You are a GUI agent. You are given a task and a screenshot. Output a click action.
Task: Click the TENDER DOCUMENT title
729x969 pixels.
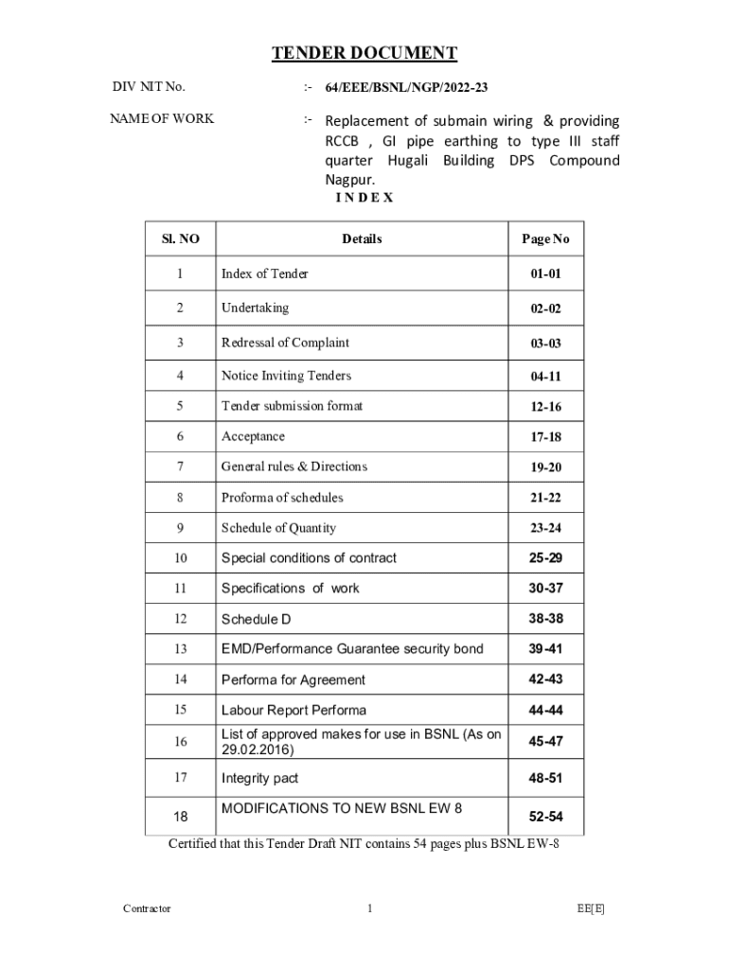click(x=364, y=54)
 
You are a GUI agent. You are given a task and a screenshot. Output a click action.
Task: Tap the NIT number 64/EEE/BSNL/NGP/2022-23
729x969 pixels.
click(x=406, y=88)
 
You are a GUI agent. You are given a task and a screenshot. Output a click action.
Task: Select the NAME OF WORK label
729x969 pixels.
click(x=162, y=118)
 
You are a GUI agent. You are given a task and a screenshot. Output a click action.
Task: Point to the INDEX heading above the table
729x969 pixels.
click(x=364, y=198)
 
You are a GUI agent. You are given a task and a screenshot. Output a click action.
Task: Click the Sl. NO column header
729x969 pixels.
click(x=180, y=239)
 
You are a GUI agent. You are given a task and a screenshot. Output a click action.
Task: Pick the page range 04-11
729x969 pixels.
click(x=545, y=377)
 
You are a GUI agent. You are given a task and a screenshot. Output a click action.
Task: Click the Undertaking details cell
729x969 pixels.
click(x=255, y=308)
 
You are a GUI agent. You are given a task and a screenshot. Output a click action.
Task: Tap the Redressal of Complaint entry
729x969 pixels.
click(x=285, y=343)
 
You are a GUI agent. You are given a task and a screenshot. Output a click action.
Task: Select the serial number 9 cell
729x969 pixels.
click(x=180, y=528)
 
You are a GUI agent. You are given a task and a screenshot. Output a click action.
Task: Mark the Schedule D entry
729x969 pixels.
click(x=256, y=619)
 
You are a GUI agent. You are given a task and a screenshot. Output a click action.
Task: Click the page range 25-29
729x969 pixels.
click(x=545, y=558)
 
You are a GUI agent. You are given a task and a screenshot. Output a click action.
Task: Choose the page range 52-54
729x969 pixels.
click(x=545, y=816)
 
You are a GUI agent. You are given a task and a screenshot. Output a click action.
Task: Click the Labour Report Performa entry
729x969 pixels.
click(x=293, y=710)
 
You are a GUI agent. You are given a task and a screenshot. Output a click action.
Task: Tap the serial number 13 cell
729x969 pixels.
click(x=180, y=649)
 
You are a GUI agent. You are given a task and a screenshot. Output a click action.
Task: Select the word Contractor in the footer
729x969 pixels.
click(x=147, y=908)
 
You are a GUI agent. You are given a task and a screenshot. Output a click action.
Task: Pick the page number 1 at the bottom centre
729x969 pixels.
click(x=370, y=908)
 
